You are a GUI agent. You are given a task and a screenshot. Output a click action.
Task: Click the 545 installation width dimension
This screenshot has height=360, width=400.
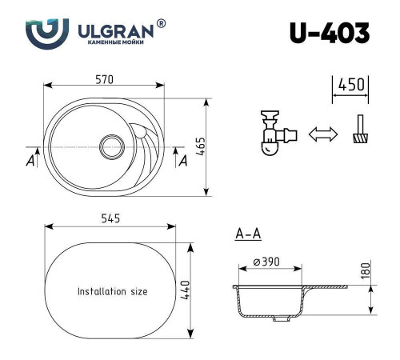(x=110, y=219)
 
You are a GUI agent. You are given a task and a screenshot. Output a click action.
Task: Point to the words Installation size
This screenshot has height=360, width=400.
(x=112, y=291)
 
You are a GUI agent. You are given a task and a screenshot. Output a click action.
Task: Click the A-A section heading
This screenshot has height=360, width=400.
(x=248, y=234)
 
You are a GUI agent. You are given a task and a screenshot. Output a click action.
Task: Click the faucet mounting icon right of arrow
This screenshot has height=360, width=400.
(x=359, y=132)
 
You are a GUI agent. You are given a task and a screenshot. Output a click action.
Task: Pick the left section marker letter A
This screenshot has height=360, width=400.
(x=30, y=161)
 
